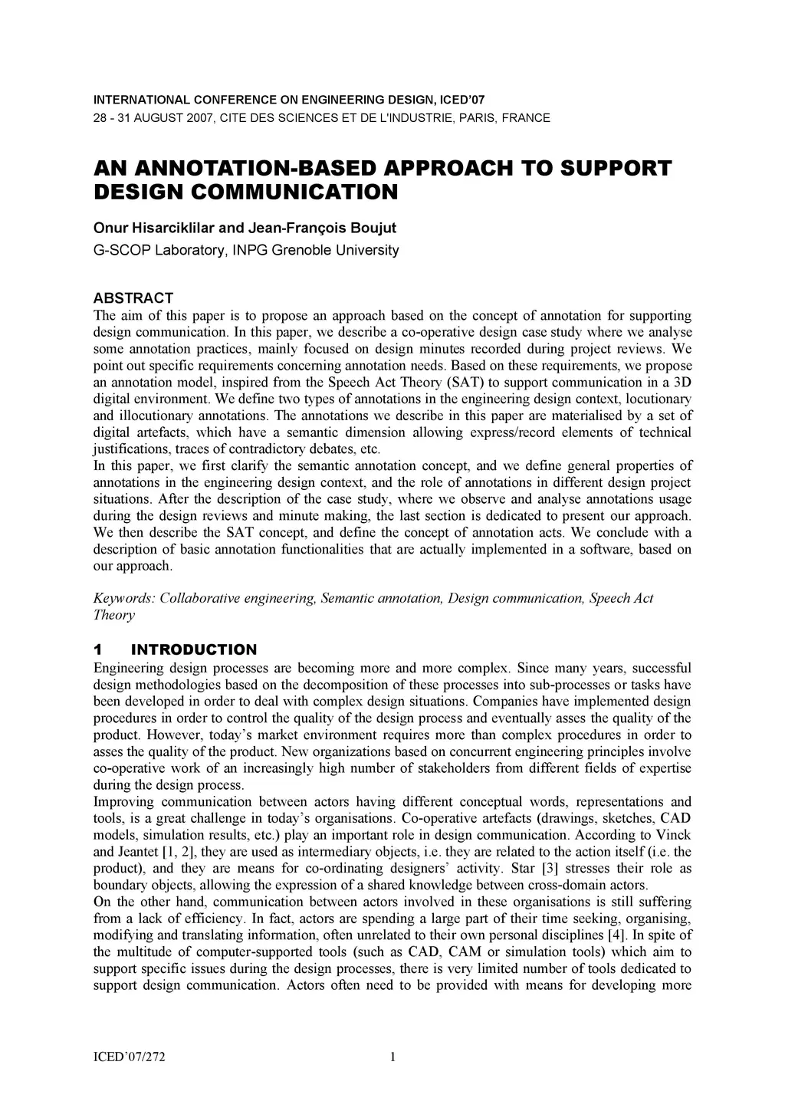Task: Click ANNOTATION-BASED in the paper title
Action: pyautogui.click(x=245, y=169)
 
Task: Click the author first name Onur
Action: pyautogui.click(x=107, y=229)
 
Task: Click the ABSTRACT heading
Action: pyautogui.click(x=133, y=297)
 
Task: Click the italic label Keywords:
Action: pyautogui.click(x=123, y=598)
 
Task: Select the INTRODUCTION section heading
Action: pyautogui.click(x=194, y=650)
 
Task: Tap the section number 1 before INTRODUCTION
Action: pyautogui.click(x=97, y=650)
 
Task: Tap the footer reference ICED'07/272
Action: pyautogui.click(x=130, y=1059)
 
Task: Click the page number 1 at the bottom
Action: pyautogui.click(x=392, y=1059)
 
